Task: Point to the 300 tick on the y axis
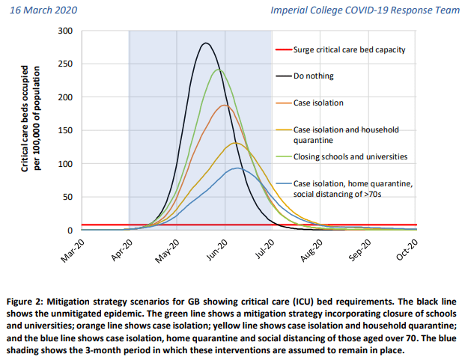coord(65,31)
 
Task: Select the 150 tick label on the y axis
coord(65,131)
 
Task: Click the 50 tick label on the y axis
coord(67,197)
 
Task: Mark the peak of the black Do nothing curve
coord(206,43)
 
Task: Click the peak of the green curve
coord(218,70)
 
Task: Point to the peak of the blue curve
coord(237,168)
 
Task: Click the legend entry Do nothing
coord(314,76)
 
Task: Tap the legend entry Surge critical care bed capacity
coord(350,49)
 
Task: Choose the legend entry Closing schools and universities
coord(350,156)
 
